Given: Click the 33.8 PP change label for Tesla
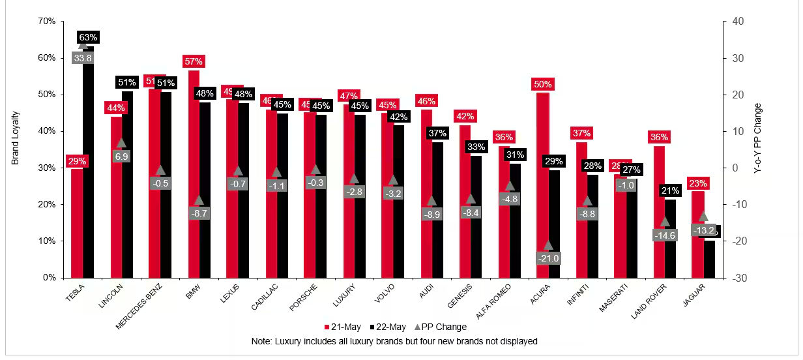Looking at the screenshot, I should pos(83,58).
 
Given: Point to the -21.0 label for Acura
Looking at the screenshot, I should pos(548,258).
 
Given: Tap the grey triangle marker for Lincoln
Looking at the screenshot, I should pos(121,143).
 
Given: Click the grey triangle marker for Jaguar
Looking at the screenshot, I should pos(703,217).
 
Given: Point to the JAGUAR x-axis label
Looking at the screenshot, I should pos(701,294).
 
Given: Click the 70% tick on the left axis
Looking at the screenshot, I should pos(47,22).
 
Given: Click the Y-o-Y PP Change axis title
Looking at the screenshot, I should pos(757,149).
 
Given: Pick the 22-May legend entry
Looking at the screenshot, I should pos(387,327).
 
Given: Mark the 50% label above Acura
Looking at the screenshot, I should pos(543,84).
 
